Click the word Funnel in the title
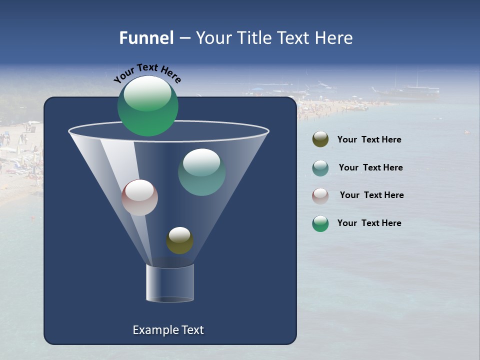pyautogui.click(x=146, y=38)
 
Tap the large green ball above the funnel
pyautogui.click(x=148, y=105)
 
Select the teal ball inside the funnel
pyautogui.click(x=202, y=172)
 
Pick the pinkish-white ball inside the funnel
pyautogui.click(x=140, y=197)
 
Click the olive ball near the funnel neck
pyautogui.click(x=180, y=240)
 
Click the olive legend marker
pyautogui.click(x=320, y=139)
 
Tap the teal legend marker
pyautogui.click(x=320, y=167)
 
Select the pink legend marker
pyautogui.click(x=320, y=195)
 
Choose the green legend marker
pyautogui.click(x=320, y=223)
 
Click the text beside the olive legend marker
pyautogui.click(x=369, y=139)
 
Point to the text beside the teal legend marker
pyautogui.click(x=370, y=167)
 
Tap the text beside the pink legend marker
pyautogui.click(x=371, y=195)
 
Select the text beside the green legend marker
pyautogui.click(x=369, y=223)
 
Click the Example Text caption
pyautogui.click(x=168, y=330)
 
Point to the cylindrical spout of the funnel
pyautogui.click(x=170, y=283)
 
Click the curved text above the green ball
pyautogui.click(x=147, y=72)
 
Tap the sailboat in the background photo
pyautogui.click(x=410, y=90)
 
